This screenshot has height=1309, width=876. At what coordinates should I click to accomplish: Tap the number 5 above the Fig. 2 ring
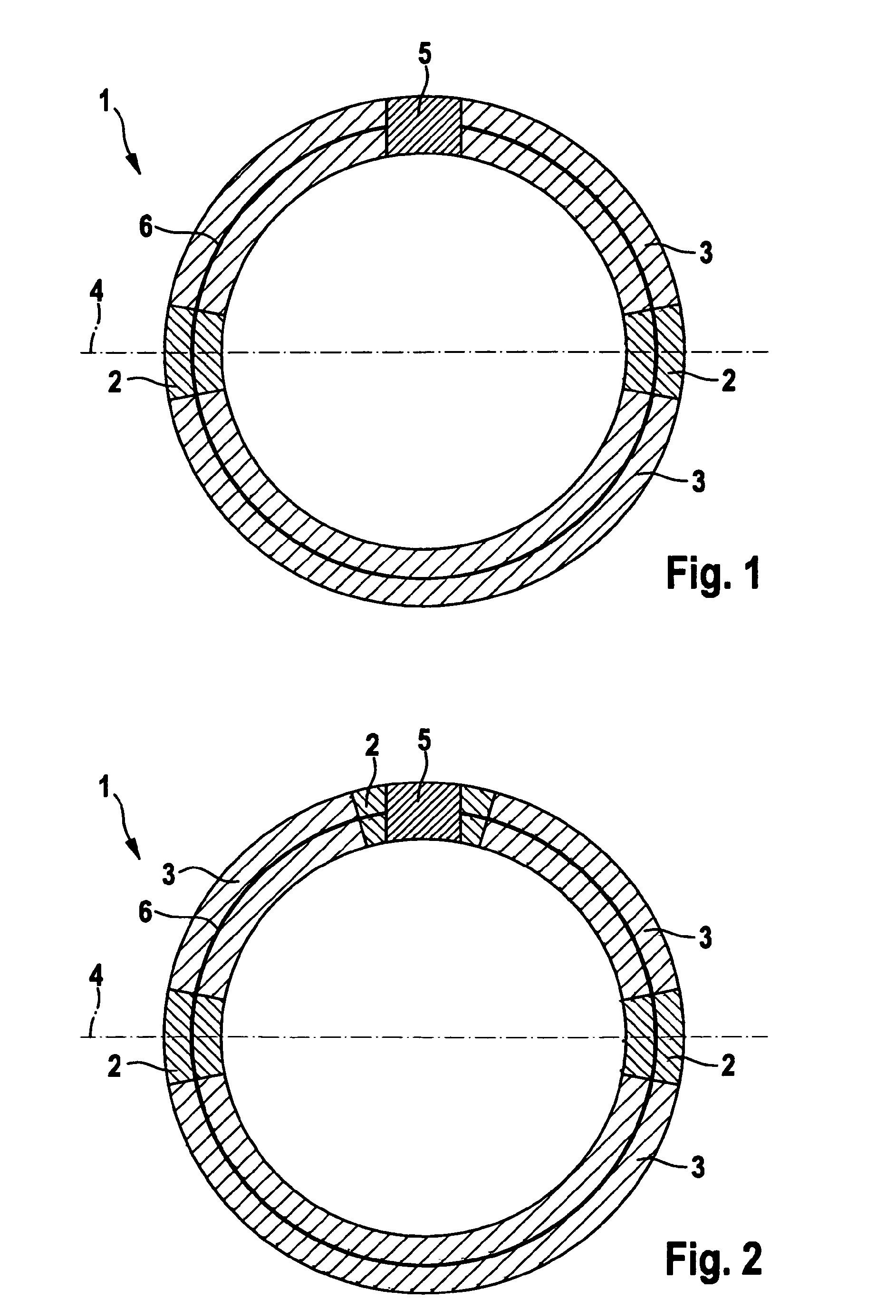pyautogui.click(x=424, y=741)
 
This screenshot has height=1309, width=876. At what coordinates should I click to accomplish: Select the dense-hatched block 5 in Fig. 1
pyautogui.click(x=424, y=127)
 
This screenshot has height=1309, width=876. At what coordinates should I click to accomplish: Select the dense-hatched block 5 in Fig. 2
pyautogui.click(x=424, y=812)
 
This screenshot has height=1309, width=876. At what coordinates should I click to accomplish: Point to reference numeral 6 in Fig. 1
pyautogui.click(x=146, y=228)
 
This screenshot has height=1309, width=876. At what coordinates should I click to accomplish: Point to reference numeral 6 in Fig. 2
pyautogui.click(x=146, y=914)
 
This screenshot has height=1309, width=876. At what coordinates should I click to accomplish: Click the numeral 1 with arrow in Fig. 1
pyautogui.click(x=105, y=103)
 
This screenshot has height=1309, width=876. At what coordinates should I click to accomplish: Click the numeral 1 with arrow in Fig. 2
pyautogui.click(x=105, y=789)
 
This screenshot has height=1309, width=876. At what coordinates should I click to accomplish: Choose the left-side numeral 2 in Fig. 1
pyautogui.click(x=115, y=383)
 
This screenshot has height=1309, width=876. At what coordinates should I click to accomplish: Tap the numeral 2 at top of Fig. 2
pyautogui.click(x=372, y=746)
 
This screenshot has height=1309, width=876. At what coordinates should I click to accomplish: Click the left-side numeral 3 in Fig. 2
pyautogui.click(x=169, y=875)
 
